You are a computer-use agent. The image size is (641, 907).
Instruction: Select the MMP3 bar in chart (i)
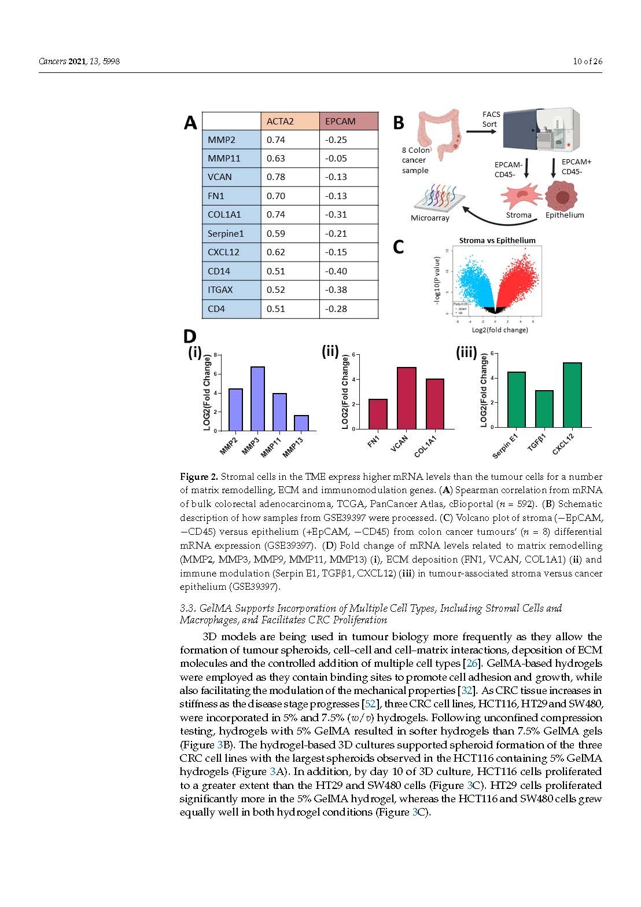point(258,399)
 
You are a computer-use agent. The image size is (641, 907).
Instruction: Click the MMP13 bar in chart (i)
point(301,423)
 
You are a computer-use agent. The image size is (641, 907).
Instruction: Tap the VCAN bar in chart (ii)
point(407,398)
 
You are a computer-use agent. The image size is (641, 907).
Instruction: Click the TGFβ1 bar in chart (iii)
point(544,409)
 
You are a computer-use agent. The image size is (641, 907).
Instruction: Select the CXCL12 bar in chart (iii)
point(572,395)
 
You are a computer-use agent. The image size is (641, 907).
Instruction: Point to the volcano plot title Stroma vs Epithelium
point(497,240)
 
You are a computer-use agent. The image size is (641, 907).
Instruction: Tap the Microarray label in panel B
point(430,218)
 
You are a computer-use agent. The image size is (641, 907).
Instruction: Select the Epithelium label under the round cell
point(565,215)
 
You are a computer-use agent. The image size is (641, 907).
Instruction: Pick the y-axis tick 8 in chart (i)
point(215,355)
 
